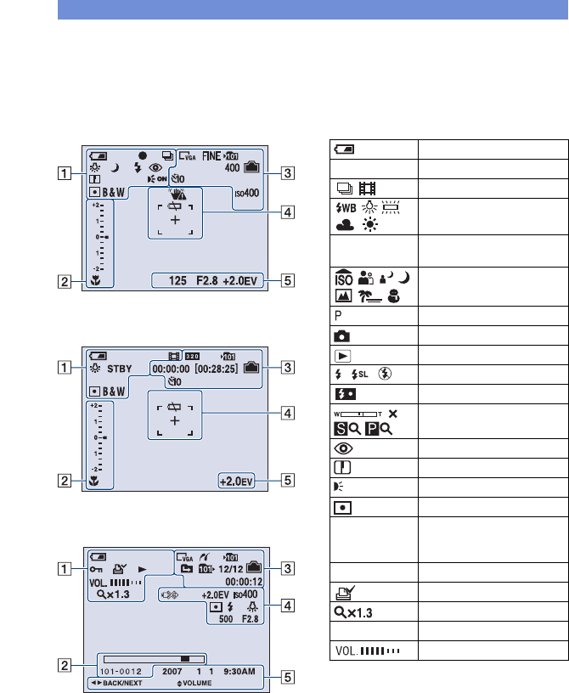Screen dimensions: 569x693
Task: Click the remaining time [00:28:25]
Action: [x=220, y=369]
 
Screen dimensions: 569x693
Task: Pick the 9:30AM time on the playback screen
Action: [x=243, y=670]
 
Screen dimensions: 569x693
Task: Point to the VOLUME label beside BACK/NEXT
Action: [x=192, y=682]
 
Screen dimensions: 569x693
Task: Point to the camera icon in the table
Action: [x=341, y=333]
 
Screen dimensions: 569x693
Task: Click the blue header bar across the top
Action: [x=313, y=9]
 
